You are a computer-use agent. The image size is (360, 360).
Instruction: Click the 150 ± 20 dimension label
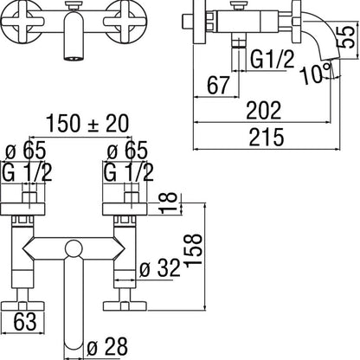(87, 124)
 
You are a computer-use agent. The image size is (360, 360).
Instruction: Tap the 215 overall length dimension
(267, 137)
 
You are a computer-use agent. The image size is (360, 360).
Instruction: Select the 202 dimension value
(263, 110)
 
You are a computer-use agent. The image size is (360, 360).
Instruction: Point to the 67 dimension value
(218, 85)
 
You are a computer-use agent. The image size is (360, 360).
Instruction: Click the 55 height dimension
(345, 37)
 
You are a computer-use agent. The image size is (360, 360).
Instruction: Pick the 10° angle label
(315, 74)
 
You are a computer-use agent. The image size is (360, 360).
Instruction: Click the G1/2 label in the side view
(272, 59)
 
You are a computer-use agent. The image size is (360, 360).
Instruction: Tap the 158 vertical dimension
(193, 250)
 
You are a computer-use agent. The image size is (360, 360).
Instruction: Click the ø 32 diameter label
(160, 269)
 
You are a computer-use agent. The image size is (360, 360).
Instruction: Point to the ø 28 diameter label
(107, 346)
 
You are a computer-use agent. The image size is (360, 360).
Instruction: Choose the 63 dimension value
(25, 321)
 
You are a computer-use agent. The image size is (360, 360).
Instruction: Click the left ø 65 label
(26, 151)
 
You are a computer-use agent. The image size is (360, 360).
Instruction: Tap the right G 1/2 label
(129, 172)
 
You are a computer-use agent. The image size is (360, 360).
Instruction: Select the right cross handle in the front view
(125, 22)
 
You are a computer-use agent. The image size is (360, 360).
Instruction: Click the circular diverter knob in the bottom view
(74, 249)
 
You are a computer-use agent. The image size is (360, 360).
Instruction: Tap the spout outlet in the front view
(74, 59)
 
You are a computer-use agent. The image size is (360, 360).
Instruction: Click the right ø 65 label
(127, 151)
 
